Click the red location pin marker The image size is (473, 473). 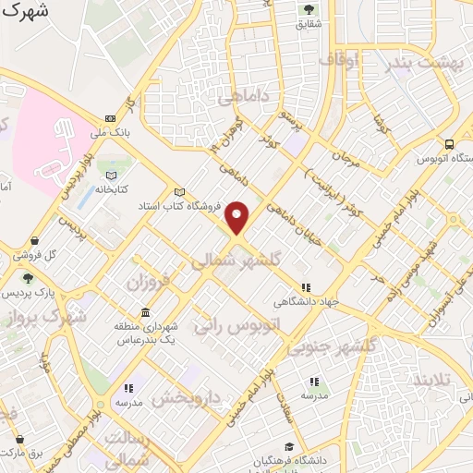click(237, 218)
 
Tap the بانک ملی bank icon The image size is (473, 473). click(111, 118)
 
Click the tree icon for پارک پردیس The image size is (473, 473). click(28, 278)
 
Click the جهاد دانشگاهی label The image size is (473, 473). click(306, 301)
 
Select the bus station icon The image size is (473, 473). click(449, 144)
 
